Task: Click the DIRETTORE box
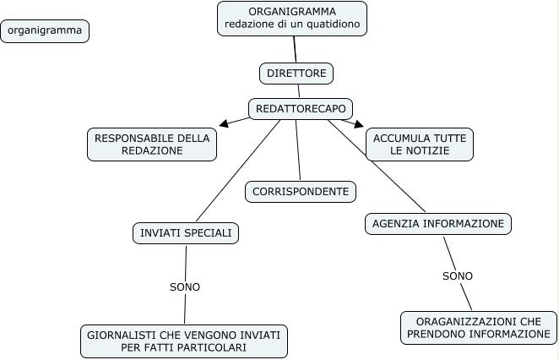point(296,74)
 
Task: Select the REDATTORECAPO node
point(301,108)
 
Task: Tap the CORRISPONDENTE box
point(301,192)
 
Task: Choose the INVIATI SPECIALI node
point(186,232)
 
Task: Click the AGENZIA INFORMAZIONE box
point(438,224)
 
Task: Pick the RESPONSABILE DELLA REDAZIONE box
point(152,144)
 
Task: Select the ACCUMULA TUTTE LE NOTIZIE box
point(420,144)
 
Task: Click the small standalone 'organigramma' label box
point(46,31)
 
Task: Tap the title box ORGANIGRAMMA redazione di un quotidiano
point(292,18)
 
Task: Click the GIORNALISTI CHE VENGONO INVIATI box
point(184,341)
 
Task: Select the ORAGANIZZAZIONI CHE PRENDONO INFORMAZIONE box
point(479,328)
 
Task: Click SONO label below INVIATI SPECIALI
point(185,286)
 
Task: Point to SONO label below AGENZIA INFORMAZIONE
point(458,275)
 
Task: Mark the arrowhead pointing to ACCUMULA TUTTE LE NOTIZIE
point(358,124)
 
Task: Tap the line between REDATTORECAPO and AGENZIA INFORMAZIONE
point(376,166)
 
